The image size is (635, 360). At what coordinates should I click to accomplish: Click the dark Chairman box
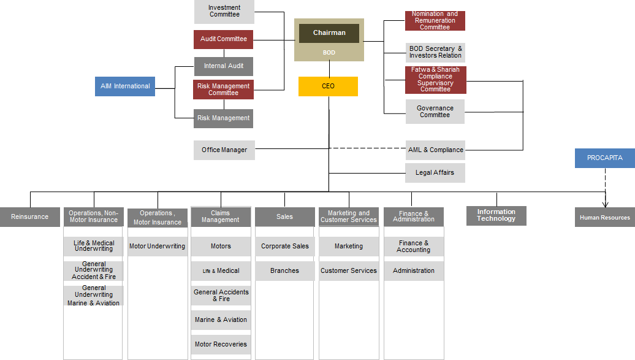pyautogui.click(x=329, y=33)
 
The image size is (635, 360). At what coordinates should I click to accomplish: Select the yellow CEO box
pyautogui.click(x=328, y=86)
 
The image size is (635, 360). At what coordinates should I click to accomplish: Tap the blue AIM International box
pyautogui.click(x=125, y=86)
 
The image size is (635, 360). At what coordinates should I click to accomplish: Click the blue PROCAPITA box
pyautogui.click(x=604, y=158)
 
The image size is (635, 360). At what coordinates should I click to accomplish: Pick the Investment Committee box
pyautogui.click(x=224, y=12)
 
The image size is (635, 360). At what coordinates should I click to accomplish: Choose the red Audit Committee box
pyautogui.click(x=224, y=39)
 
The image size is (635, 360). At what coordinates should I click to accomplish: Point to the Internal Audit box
pyautogui.click(x=224, y=66)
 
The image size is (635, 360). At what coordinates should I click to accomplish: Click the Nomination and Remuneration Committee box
pyautogui.click(x=435, y=21)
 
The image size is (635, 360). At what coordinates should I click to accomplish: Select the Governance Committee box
pyautogui.click(x=435, y=112)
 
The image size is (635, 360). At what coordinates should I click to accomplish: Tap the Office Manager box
pyautogui.click(x=224, y=150)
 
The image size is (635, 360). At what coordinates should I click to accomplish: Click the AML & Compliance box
pyautogui.click(x=435, y=150)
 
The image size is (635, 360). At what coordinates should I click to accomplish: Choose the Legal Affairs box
pyautogui.click(x=435, y=173)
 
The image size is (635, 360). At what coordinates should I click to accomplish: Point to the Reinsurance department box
pyautogui.click(x=29, y=217)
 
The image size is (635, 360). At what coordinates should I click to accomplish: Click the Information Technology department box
pyautogui.click(x=496, y=215)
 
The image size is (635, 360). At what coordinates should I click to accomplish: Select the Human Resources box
pyautogui.click(x=604, y=218)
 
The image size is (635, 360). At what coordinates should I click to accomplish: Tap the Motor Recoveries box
pyautogui.click(x=221, y=345)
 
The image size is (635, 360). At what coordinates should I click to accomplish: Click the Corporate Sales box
pyautogui.click(x=285, y=247)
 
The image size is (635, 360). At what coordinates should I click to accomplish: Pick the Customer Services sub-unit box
pyautogui.click(x=349, y=271)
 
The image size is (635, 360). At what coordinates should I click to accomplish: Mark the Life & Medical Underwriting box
pyautogui.click(x=94, y=247)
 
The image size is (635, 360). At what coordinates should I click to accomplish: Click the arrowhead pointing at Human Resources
pyautogui.click(x=605, y=205)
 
